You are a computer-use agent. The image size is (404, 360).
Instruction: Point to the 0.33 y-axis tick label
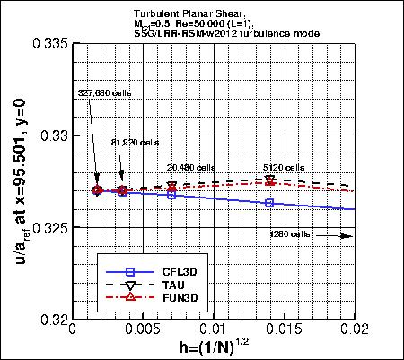[x=52, y=136]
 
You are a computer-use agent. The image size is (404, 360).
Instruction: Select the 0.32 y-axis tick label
[x=52, y=320]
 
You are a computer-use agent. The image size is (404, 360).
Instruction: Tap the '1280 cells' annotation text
[x=290, y=234]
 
